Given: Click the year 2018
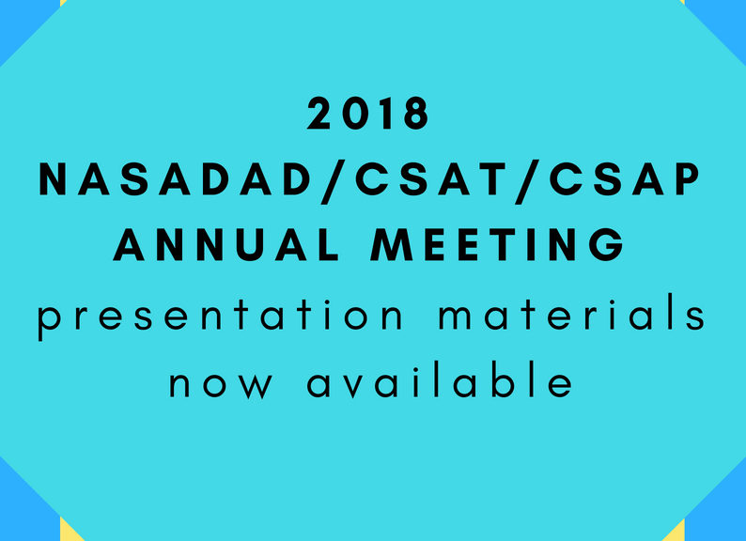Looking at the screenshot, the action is (x=368, y=114).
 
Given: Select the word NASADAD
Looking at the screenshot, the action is (x=175, y=178).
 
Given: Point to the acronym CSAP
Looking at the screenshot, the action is (x=625, y=178).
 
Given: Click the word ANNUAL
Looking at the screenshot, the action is (x=226, y=244).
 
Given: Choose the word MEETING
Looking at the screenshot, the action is (x=498, y=244).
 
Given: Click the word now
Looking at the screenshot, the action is (x=221, y=383).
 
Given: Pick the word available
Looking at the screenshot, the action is (x=440, y=379).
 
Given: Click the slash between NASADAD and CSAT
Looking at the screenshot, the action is (x=334, y=182).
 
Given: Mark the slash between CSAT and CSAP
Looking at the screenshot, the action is (x=527, y=182).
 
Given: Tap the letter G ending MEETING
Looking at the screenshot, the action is (x=607, y=244).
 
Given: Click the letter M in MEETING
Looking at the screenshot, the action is (x=392, y=244).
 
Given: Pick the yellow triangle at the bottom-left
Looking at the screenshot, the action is (x=68, y=532).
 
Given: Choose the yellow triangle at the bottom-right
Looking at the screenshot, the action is (x=676, y=533).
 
